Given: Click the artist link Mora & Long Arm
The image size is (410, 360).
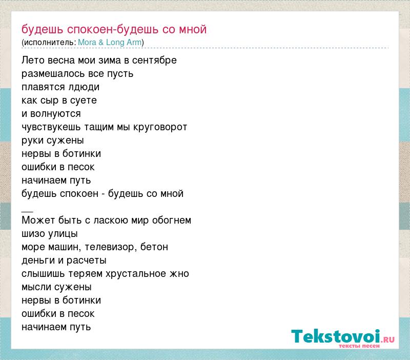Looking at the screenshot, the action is pyautogui.click(x=110, y=42).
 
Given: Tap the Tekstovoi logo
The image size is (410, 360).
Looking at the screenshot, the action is pyautogui.click(x=343, y=338).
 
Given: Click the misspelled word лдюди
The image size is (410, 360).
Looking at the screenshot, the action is pyautogui.click(x=84, y=87).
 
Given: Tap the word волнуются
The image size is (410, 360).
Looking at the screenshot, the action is pyautogui.click(x=55, y=114).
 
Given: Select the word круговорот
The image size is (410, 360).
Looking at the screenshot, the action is pyautogui.click(x=160, y=127).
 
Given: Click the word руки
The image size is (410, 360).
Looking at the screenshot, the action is pyautogui.click(x=32, y=141).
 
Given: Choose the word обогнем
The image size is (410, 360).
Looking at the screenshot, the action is pyautogui.click(x=172, y=221).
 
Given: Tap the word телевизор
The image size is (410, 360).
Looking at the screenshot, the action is pyautogui.click(x=111, y=247).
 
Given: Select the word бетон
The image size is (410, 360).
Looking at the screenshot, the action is pyautogui.click(x=154, y=247).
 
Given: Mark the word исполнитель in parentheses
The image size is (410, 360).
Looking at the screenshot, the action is pyautogui.click(x=50, y=42).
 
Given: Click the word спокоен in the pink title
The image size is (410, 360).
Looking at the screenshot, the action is pyautogui.click(x=90, y=30).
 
